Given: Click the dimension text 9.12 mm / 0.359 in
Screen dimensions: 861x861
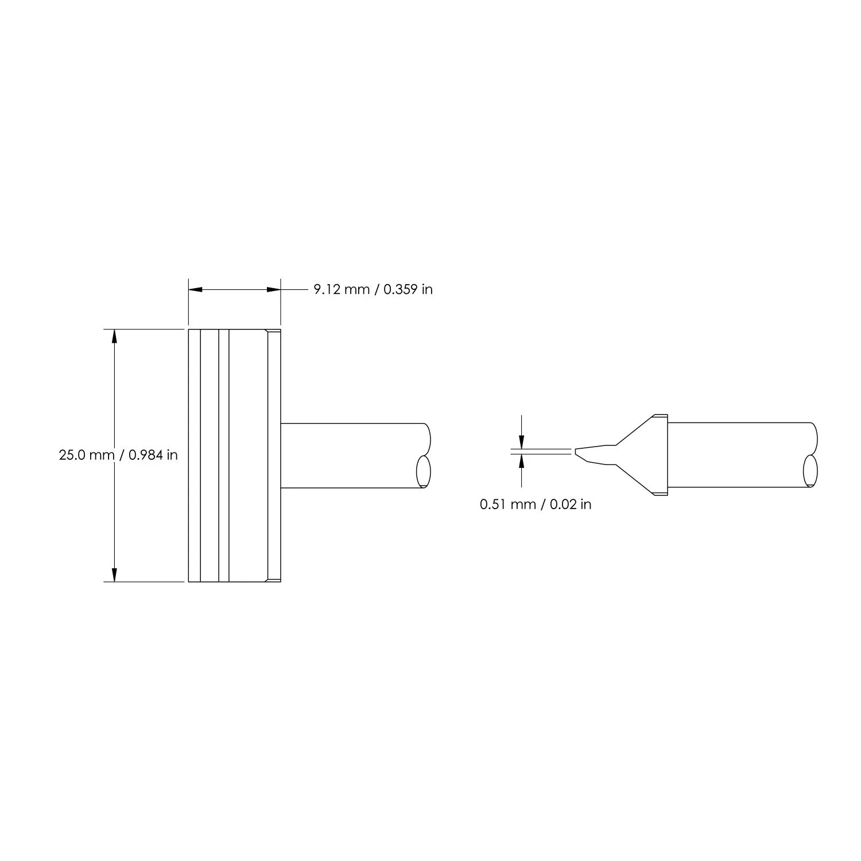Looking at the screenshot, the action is pos(373,289).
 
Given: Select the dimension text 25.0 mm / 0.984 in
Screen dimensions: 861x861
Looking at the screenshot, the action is pos(118,455).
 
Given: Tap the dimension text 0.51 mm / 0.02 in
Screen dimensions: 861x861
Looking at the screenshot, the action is pos(536,505).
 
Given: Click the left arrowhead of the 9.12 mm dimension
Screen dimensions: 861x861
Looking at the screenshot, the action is pos(196,290).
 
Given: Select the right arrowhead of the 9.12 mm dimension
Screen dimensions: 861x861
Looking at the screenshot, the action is pos(273,290).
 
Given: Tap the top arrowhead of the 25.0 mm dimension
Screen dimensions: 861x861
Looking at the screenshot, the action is pos(114,336).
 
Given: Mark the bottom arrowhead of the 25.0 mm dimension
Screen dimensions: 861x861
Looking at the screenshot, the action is pos(114,575).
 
